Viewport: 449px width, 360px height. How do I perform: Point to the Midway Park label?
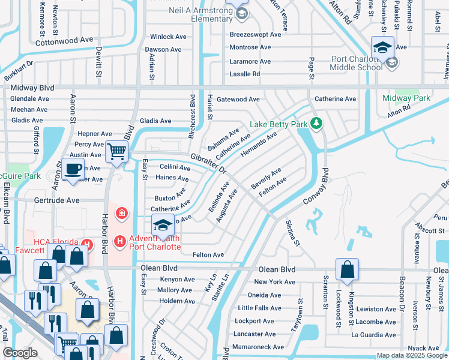coord(406,98)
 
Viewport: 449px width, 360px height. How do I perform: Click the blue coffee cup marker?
coord(73,169)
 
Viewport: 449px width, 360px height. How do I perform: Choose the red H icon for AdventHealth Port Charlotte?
coord(119,241)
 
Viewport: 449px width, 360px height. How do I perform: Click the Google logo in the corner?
coord(20,352)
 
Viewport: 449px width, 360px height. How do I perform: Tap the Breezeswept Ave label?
coord(255,35)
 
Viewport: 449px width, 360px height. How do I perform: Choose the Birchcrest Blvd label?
coord(193,116)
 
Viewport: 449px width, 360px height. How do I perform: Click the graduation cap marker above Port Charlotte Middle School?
coord(382,47)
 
